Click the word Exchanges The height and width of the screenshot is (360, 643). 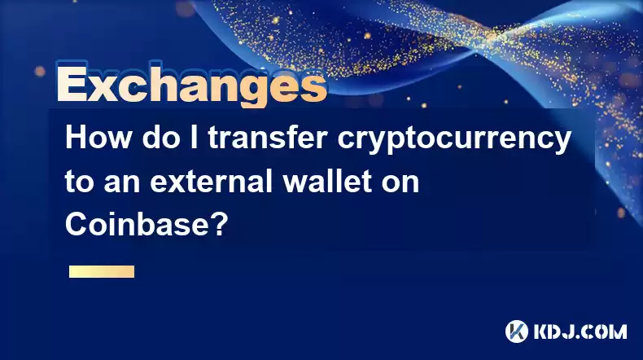coord(191,85)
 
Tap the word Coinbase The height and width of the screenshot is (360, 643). coord(138,225)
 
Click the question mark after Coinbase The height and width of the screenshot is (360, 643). coord(220,225)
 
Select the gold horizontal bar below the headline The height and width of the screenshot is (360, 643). coord(102,272)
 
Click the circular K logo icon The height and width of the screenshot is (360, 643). coord(517,331)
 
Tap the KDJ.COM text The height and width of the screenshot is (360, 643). coord(580,331)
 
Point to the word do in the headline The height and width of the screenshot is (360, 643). coord(161,138)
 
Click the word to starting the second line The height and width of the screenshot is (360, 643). coord(80,182)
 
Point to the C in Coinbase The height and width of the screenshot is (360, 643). coord(76,225)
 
